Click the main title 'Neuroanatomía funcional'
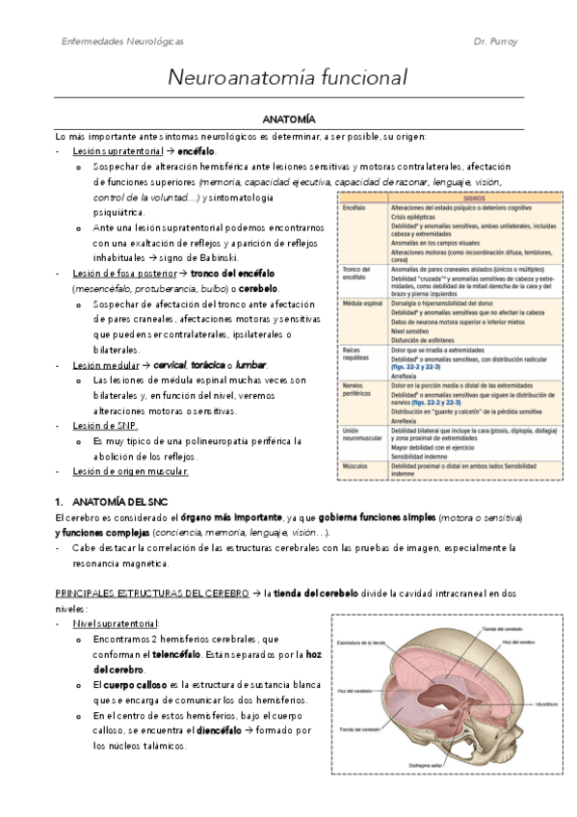point(288,76)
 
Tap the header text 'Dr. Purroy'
point(497,42)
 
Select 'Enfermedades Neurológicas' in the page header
point(122,42)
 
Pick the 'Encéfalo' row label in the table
point(354,207)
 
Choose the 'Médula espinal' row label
point(360,302)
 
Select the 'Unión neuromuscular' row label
point(358,434)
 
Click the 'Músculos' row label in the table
point(355,465)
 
